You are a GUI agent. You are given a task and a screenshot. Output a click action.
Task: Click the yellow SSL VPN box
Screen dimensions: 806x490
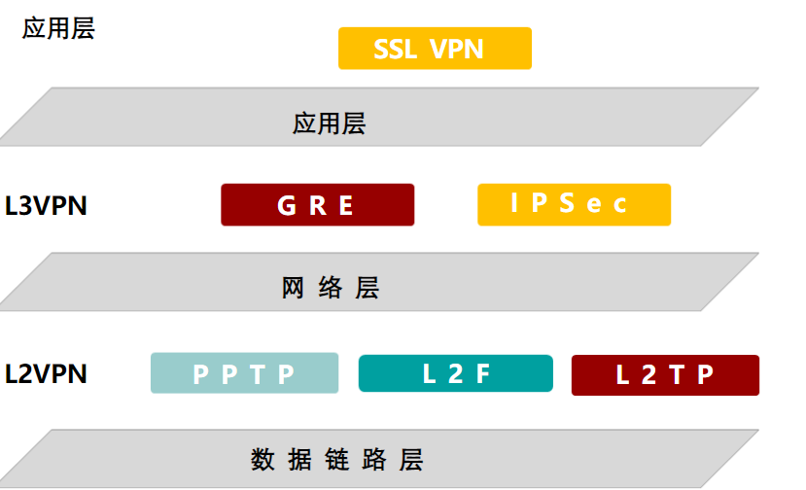435,49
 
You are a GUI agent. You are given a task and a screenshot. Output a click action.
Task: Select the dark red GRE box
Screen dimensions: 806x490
318,204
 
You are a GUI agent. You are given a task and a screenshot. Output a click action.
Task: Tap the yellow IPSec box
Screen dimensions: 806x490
575,204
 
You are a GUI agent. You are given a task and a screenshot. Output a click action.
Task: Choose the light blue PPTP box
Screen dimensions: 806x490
245,373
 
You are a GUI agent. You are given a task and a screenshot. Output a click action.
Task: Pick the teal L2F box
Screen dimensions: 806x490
456,373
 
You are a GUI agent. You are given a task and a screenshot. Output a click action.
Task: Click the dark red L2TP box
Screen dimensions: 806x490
665,375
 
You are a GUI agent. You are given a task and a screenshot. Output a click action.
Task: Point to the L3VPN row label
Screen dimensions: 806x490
46,206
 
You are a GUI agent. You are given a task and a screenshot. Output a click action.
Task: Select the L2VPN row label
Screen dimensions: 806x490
46,373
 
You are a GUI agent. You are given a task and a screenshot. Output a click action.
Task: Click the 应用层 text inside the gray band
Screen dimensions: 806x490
329,123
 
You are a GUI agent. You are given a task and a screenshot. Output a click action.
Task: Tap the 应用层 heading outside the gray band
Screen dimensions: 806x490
58,28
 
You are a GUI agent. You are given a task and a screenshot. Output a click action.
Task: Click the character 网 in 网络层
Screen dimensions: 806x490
293,288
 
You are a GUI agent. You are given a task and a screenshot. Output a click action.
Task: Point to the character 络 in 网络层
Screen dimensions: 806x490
330,288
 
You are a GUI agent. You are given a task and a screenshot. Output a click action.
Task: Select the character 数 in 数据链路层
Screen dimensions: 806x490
263,460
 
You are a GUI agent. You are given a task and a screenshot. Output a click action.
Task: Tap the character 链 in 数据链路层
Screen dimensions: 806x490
337,460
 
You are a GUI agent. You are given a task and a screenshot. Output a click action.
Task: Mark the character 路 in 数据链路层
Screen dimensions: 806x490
374,460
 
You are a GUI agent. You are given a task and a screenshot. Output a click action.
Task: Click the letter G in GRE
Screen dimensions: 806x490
287,206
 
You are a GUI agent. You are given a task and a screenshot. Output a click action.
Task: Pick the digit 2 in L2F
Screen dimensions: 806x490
456,373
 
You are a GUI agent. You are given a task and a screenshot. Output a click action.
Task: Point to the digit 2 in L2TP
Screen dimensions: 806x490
649,375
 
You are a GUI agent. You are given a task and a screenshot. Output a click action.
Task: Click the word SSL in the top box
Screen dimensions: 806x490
396,50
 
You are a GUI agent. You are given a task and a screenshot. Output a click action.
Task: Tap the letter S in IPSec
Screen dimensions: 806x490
567,203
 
